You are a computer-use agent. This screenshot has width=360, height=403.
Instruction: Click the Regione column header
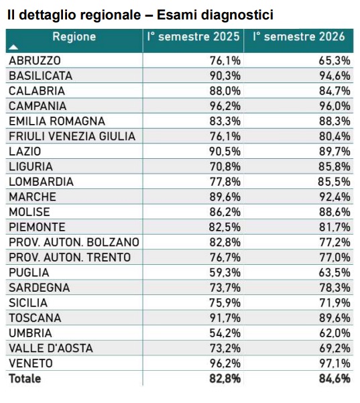(74, 37)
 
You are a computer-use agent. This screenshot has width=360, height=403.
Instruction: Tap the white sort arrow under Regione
(13, 48)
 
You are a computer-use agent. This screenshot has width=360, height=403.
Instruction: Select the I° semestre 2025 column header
(193, 37)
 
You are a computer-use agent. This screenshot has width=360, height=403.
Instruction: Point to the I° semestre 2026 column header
(298, 37)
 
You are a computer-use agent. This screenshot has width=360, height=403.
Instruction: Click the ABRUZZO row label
(35, 60)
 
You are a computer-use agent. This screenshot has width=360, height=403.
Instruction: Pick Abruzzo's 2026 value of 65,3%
(335, 60)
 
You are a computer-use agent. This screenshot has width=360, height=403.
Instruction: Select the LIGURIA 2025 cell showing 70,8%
(225, 166)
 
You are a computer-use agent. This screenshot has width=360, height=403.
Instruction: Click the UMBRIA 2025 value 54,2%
(225, 333)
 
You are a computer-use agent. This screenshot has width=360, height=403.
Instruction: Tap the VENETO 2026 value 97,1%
(335, 363)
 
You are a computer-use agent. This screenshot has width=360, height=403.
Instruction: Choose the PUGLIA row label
(29, 273)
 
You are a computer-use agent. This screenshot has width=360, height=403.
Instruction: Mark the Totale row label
(25, 379)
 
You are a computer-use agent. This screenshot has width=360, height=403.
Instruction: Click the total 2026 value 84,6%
(335, 379)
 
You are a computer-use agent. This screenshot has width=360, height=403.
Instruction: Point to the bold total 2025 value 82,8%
(225, 379)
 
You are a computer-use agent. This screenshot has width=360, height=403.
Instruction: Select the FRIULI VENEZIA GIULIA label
(72, 136)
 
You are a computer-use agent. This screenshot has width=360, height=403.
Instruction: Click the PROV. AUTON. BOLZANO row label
(74, 242)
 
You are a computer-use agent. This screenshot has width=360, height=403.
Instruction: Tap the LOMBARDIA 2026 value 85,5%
(334, 182)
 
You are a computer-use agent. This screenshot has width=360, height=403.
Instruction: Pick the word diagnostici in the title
(237, 15)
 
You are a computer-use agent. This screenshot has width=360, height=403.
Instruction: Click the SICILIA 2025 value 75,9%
(225, 303)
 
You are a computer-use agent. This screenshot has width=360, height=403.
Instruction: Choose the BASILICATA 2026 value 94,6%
(335, 76)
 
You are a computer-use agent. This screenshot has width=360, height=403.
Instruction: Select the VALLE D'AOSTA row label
(51, 348)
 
